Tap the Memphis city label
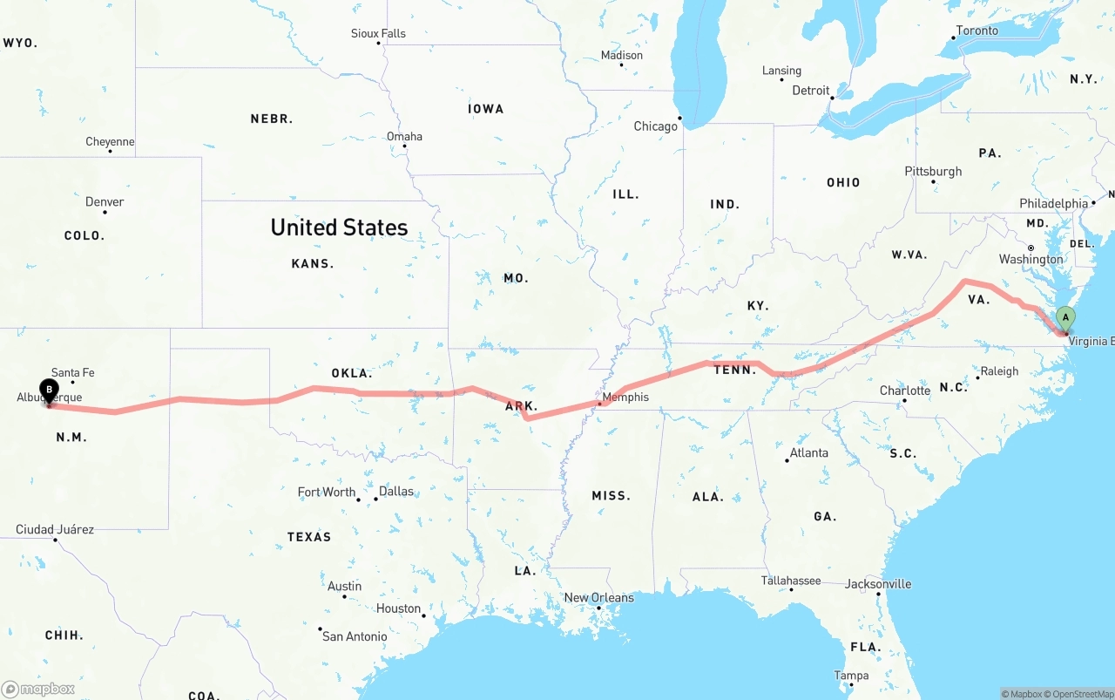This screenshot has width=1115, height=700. (x=625, y=397)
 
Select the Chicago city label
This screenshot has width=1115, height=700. (x=655, y=126)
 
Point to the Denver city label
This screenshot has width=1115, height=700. (x=105, y=201)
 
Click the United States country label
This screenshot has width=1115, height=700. (x=339, y=227)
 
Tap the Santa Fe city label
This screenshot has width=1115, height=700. (x=72, y=372)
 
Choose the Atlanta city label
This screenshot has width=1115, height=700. (x=809, y=452)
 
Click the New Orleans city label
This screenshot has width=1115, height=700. (x=599, y=597)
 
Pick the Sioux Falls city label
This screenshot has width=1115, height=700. (x=378, y=33)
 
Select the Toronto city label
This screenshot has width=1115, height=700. (x=977, y=31)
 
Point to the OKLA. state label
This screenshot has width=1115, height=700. (x=351, y=373)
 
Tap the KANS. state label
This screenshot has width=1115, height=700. (x=313, y=263)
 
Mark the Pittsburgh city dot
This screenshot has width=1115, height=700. (x=933, y=182)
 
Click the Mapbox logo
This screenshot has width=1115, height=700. (x=38, y=689)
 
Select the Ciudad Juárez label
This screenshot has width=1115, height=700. (x=55, y=529)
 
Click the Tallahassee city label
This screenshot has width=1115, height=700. (x=791, y=580)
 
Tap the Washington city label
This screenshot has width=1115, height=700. (x=1031, y=259)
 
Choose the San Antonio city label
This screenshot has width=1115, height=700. (x=355, y=636)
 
